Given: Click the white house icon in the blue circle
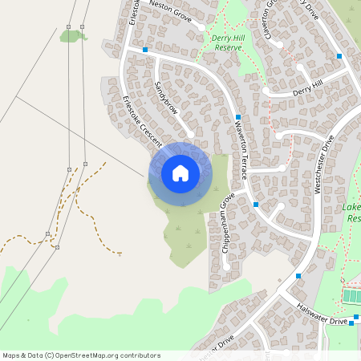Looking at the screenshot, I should tap(180, 172).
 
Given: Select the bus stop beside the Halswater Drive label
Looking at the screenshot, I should tap(351, 322).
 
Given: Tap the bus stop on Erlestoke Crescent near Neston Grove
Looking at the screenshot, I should tap(145, 50).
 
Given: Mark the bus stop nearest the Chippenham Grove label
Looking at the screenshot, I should tap(255, 205).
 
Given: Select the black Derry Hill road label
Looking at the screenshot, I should tap(306, 88).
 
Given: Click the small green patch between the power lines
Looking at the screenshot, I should tap(72, 35).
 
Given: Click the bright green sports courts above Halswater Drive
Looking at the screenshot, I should tap(351, 296).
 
